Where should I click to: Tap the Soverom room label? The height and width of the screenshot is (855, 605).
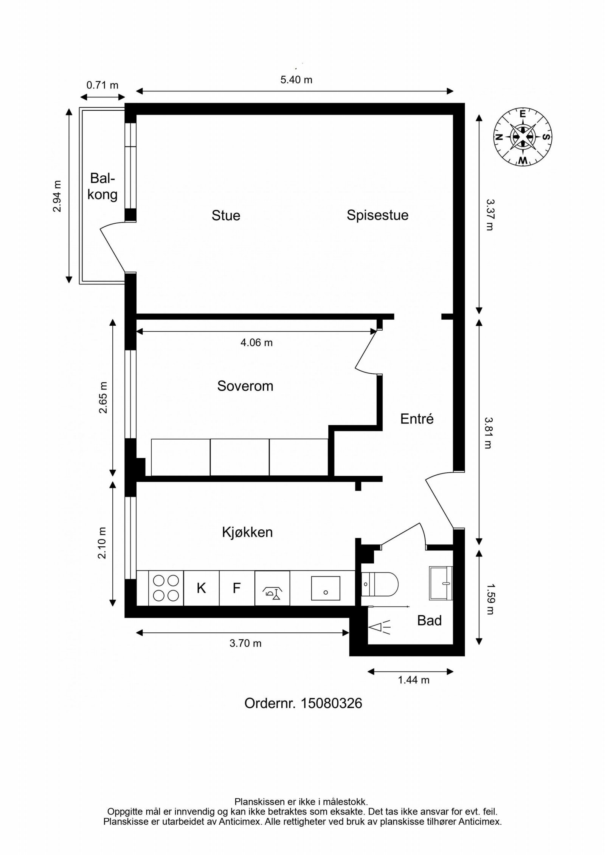click(245, 386)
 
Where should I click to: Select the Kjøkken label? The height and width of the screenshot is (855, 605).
click(247, 532)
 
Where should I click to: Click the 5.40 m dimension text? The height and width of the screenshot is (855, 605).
click(296, 80)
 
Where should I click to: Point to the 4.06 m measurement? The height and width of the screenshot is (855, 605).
click(256, 343)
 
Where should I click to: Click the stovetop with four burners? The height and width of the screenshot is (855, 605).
click(166, 588)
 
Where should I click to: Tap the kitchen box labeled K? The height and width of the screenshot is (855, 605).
click(201, 588)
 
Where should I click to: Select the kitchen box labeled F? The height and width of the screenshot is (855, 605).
click(237, 588)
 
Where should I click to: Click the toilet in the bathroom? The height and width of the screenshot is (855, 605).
click(379, 584)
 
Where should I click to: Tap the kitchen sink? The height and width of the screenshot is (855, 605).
click(325, 588)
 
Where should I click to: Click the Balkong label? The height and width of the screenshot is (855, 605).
click(102, 186)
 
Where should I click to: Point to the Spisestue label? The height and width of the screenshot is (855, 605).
click(377, 215)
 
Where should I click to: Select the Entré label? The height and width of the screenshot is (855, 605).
click(417, 419)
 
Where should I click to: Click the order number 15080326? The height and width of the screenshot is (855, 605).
click(303, 703)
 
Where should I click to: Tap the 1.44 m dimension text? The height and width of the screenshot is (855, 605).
click(413, 680)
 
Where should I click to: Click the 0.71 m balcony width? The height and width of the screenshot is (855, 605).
click(102, 85)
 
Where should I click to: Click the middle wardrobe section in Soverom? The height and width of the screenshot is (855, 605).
click(239, 457)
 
